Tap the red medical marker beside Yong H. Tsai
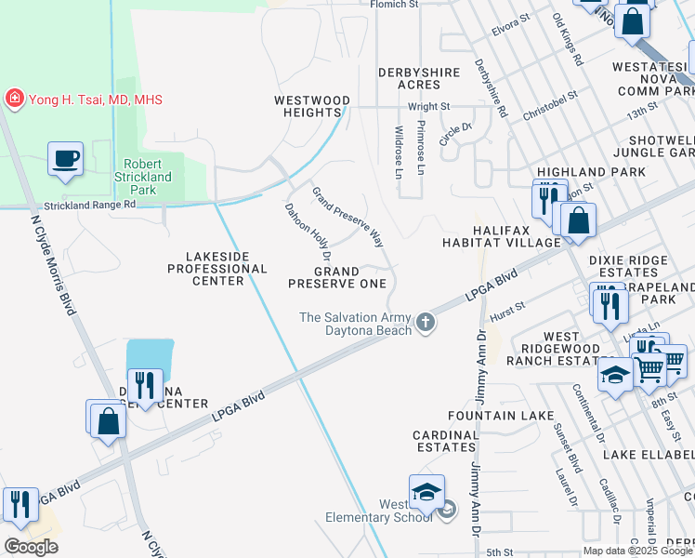(x=14, y=99)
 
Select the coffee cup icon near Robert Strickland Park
(x=65, y=159)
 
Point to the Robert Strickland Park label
(x=143, y=177)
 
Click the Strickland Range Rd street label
(x=90, y=205)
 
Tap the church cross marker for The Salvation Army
(x=426, y=323)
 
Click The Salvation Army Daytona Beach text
(x=355, y=324)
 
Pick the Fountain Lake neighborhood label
(x=489, y=415)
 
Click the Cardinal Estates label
(x=445, y=441)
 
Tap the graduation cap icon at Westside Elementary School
(x=426, y=492)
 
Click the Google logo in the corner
(x=31, y=547)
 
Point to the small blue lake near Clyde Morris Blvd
(x=150, y=357)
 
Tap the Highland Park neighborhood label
(x=591, y=172)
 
